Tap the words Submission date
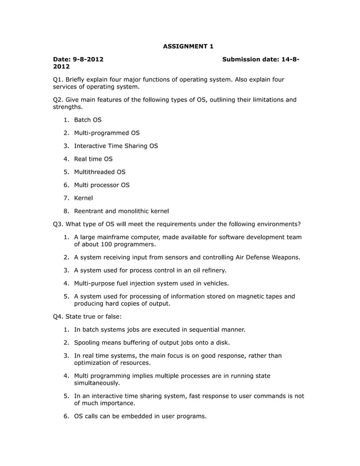(x=249, y=59)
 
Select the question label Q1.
(x=58, y=79)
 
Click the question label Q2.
(x=58, y=100)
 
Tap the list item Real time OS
(x=93, y=159)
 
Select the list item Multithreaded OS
(x=99, y=172)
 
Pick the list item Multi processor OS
(x=102, y=184)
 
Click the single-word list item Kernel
(x=83, y=197)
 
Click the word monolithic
(x=134, y=211)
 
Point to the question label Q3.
(x=58, y=224)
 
